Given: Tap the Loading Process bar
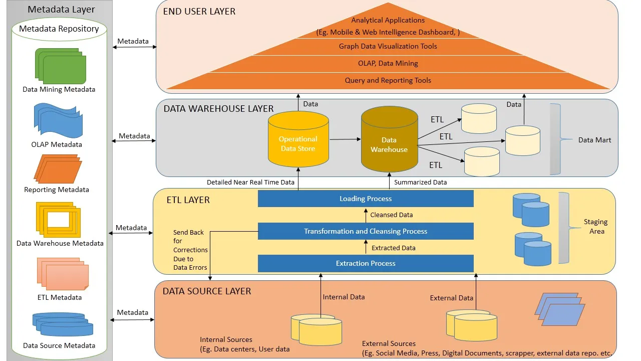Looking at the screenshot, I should (366, 199).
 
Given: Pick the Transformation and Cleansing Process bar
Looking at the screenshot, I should (366, 231).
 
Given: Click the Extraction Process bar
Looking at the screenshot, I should (366, 263).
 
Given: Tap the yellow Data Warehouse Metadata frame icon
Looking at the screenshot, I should (58, 219).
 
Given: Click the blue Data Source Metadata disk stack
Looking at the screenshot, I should (63, 324).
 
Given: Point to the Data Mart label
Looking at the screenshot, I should (594, 140).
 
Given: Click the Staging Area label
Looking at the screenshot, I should (596, 226).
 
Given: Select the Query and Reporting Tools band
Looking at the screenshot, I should (388, 80).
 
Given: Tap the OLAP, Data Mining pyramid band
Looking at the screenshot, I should (388, 63).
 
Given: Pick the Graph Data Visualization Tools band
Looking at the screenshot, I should (388, 46).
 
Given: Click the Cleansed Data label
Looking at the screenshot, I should (391, 215).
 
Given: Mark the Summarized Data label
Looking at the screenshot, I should (420, 182).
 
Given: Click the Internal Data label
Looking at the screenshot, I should (344, 297).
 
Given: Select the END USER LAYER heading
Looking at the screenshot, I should (199, 11).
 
